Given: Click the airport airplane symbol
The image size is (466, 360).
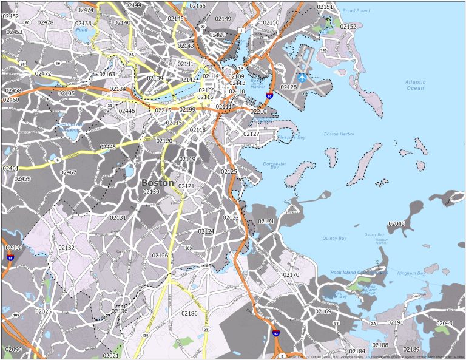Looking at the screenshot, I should tap(302, 78).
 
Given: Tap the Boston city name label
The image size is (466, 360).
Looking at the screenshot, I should tap(157, 183).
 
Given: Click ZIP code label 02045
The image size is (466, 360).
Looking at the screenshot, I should tap(396, 224).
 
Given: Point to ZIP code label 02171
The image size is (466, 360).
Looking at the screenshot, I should tap(266, 221).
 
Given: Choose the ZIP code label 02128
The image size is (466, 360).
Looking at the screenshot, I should tap(289, 87).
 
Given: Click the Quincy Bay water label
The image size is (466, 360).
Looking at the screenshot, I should tap(334, 238).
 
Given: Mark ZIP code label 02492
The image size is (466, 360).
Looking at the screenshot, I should tap(13, 248).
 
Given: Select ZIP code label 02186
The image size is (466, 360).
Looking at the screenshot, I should tap(189, 313).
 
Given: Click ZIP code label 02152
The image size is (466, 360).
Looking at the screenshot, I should tap(348, 27).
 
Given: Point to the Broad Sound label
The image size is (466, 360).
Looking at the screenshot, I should tap(356, 11).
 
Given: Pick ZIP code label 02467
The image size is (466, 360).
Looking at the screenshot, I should tap(68, 173).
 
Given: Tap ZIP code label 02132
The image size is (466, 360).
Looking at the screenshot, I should tap(66, 248).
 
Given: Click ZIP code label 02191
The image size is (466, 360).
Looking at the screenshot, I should tap(395, 322).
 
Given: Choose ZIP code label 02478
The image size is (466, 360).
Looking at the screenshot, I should tap(46, 22).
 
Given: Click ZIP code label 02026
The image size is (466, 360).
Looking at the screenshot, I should tap(43, 311).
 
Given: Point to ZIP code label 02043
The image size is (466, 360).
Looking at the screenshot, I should tap(444, 323).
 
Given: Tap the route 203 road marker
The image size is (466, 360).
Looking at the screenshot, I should tap(188, 248).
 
